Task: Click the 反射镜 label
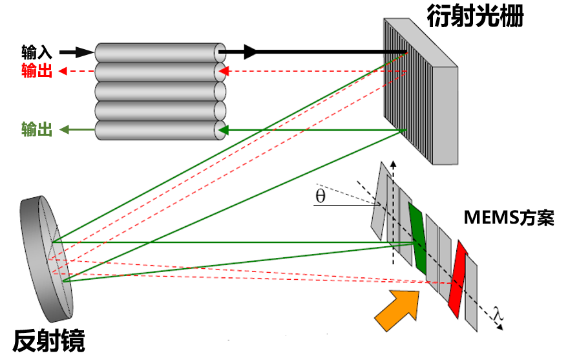(48, 340)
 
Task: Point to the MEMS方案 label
(509, 218)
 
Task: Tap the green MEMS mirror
(418, 238)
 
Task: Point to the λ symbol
(496, 315)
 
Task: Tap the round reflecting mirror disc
(48, 259)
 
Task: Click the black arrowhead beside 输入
(86, 52)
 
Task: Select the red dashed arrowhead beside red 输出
(63, 71)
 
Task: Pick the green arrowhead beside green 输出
(64, 130)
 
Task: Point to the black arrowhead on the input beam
(251, 52)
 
